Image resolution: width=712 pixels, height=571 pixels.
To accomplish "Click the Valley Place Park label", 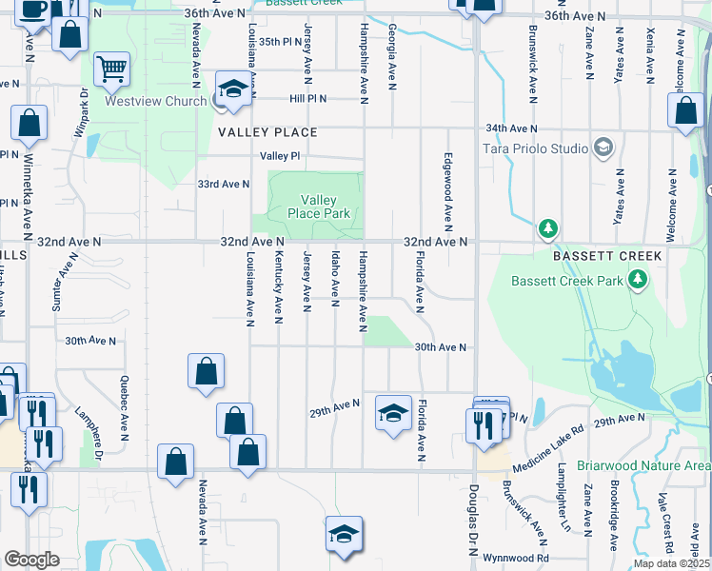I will click(319, 207).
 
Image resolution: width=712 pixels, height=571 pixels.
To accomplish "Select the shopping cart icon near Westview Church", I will click(111, 69).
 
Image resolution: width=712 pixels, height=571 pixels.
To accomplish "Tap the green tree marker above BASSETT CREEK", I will click(547, 228).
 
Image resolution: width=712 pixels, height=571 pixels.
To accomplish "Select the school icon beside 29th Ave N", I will click(392, 413).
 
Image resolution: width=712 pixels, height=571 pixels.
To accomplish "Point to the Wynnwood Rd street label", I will click(516, 558).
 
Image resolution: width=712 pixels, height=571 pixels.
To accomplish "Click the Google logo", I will click(31, 559).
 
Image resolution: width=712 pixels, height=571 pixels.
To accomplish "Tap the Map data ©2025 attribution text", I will click(670, 563).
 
